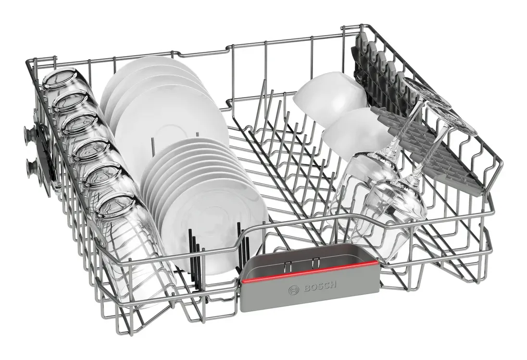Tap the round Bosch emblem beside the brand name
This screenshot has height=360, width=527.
[x=292, y=290]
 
